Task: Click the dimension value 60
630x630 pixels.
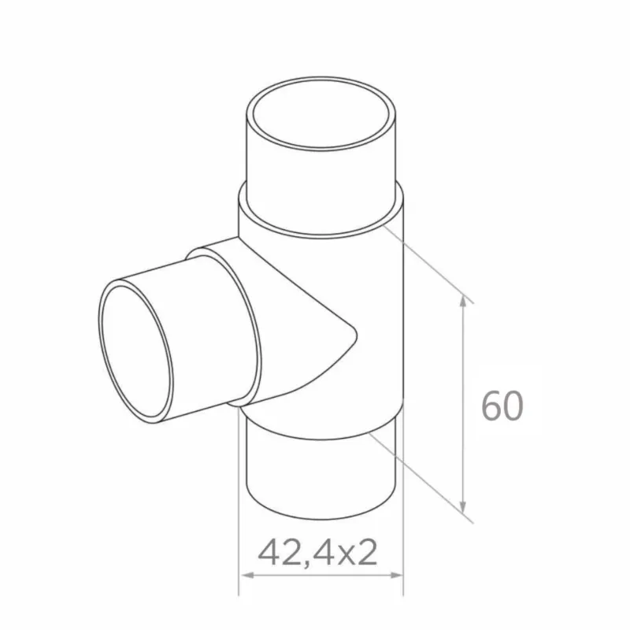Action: coord(502,406)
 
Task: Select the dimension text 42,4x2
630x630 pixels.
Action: coord(317,553)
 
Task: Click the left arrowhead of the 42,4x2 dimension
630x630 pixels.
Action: coord(243,576)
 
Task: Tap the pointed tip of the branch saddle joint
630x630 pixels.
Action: coord(354,336)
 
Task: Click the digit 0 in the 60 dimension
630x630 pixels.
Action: coord(513,406)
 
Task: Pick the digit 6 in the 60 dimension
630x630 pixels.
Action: coord(491,406)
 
